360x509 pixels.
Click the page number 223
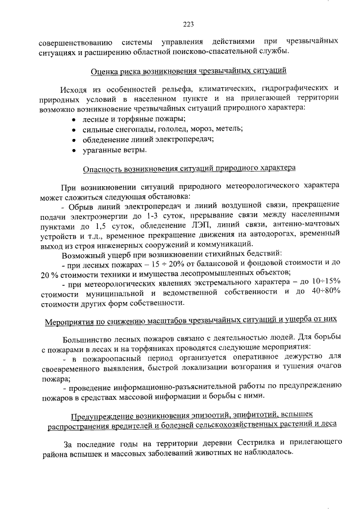[x=188, y=24]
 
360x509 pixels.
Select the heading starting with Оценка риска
[x=188, y=71]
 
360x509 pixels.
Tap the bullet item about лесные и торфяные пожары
[x=133, y=119]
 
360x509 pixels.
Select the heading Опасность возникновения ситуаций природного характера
[x=188, y=168]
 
